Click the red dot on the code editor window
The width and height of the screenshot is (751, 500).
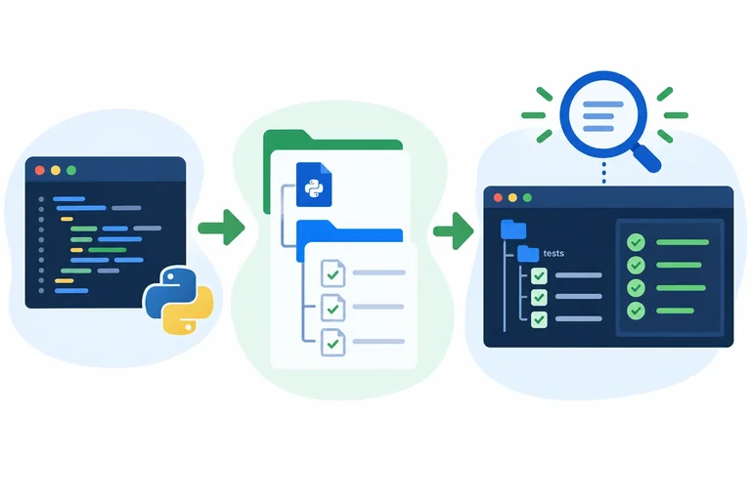(x=40, y=170)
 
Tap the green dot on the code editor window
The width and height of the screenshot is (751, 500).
(x=71, y=170)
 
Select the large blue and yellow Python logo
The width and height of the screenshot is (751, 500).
(x=178, y=301)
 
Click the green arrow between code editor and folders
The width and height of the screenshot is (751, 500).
(x=221, y=228)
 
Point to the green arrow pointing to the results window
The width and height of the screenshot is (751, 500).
(x=453, y=231)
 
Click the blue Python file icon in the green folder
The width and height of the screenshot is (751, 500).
(x=314, y=185)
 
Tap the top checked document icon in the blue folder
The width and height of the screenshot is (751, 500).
(x=332, y=273)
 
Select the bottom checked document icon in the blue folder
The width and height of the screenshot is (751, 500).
(x=332, y=342)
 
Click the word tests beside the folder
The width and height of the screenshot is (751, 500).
(x=553, y=253)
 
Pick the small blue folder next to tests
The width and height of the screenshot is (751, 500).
(x=528, y=253)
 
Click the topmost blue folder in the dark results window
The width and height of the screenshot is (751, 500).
(x=513, y=229)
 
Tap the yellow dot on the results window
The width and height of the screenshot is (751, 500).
(x=512, y=197)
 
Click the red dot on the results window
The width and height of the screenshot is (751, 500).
(x=498, y=197)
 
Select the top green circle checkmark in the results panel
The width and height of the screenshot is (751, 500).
(x=636, y=242)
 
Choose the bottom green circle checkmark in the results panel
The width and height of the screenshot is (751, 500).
(x=636, y=311)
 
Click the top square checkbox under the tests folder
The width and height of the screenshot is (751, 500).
(x=540, y=275)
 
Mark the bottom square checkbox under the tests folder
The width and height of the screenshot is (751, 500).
(x=540, y=319)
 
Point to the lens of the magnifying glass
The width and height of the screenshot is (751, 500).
(x=603, y=115)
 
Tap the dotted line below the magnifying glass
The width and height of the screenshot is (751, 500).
(x=603, y=173)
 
